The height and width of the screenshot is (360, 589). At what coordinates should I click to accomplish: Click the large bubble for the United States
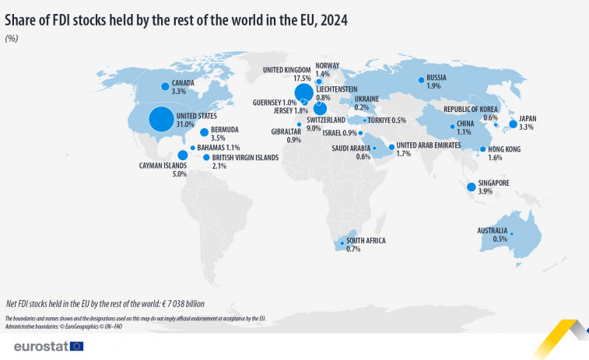[x=161, y=119]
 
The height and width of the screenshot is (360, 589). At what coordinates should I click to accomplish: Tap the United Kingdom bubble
[x=304, y=93]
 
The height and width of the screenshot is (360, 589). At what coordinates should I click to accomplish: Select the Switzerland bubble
[x=320, y=110]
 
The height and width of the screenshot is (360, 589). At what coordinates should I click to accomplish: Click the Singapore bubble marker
[x=471, y=187]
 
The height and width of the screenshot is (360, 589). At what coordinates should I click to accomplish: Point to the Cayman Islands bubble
[x=182, y=155]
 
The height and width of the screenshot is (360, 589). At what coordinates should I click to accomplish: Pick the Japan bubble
[x=513, y=124]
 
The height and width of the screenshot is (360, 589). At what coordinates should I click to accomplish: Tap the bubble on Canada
[x=165, y=86]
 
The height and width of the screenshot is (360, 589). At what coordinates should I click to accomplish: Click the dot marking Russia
[x=421, y=79]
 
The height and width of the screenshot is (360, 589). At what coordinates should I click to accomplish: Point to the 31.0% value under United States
[x=185, y=124]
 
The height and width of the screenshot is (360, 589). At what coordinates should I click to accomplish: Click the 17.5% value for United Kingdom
[x=303, y=79]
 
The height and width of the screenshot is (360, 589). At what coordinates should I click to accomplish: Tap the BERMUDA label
[x=225, y=129]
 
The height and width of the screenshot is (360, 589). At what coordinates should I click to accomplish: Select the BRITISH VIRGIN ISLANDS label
[x=245, y=157]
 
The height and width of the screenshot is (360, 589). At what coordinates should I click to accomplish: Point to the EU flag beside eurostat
[x=76, y=345]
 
